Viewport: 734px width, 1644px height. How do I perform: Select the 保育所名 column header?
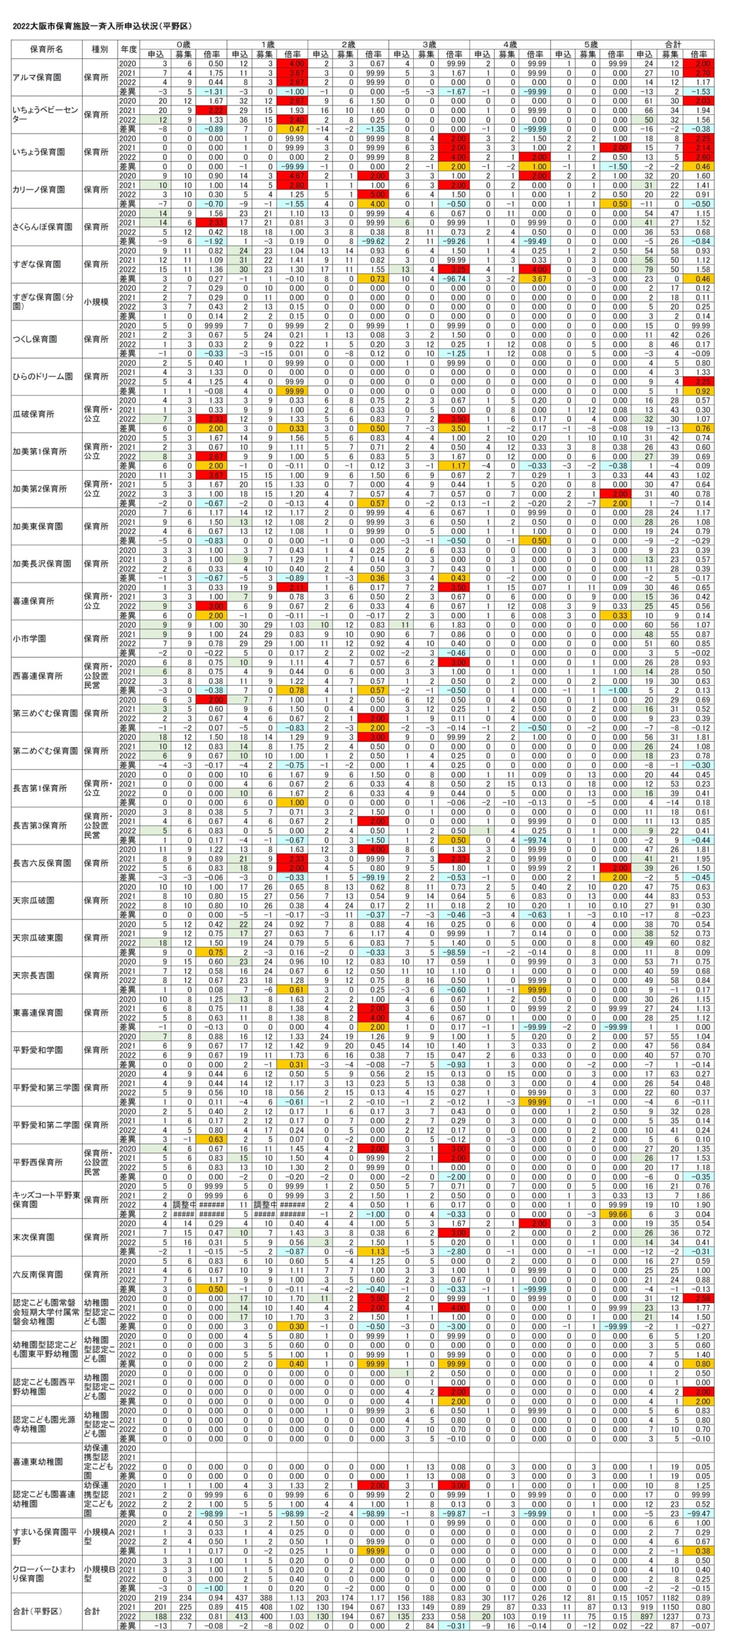point(46,49)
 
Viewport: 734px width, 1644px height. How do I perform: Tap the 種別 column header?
point(99,49)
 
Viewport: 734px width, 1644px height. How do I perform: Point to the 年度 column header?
point(128,49)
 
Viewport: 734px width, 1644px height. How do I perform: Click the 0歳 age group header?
point(183,45)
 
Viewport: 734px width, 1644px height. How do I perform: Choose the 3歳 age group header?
point(429,45)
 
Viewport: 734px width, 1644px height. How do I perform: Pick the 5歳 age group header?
point(590,45)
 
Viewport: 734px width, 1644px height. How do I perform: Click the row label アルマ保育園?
point(37,78)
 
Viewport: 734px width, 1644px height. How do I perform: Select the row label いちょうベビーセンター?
point(45,115)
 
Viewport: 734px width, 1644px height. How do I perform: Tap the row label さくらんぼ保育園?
point(42,227)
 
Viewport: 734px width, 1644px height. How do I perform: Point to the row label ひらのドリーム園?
point(42,377)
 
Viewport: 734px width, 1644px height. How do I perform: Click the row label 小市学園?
point(30,639)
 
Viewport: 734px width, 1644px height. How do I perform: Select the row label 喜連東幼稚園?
point(37,1462)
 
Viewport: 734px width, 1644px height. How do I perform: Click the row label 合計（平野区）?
point(37,1611)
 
